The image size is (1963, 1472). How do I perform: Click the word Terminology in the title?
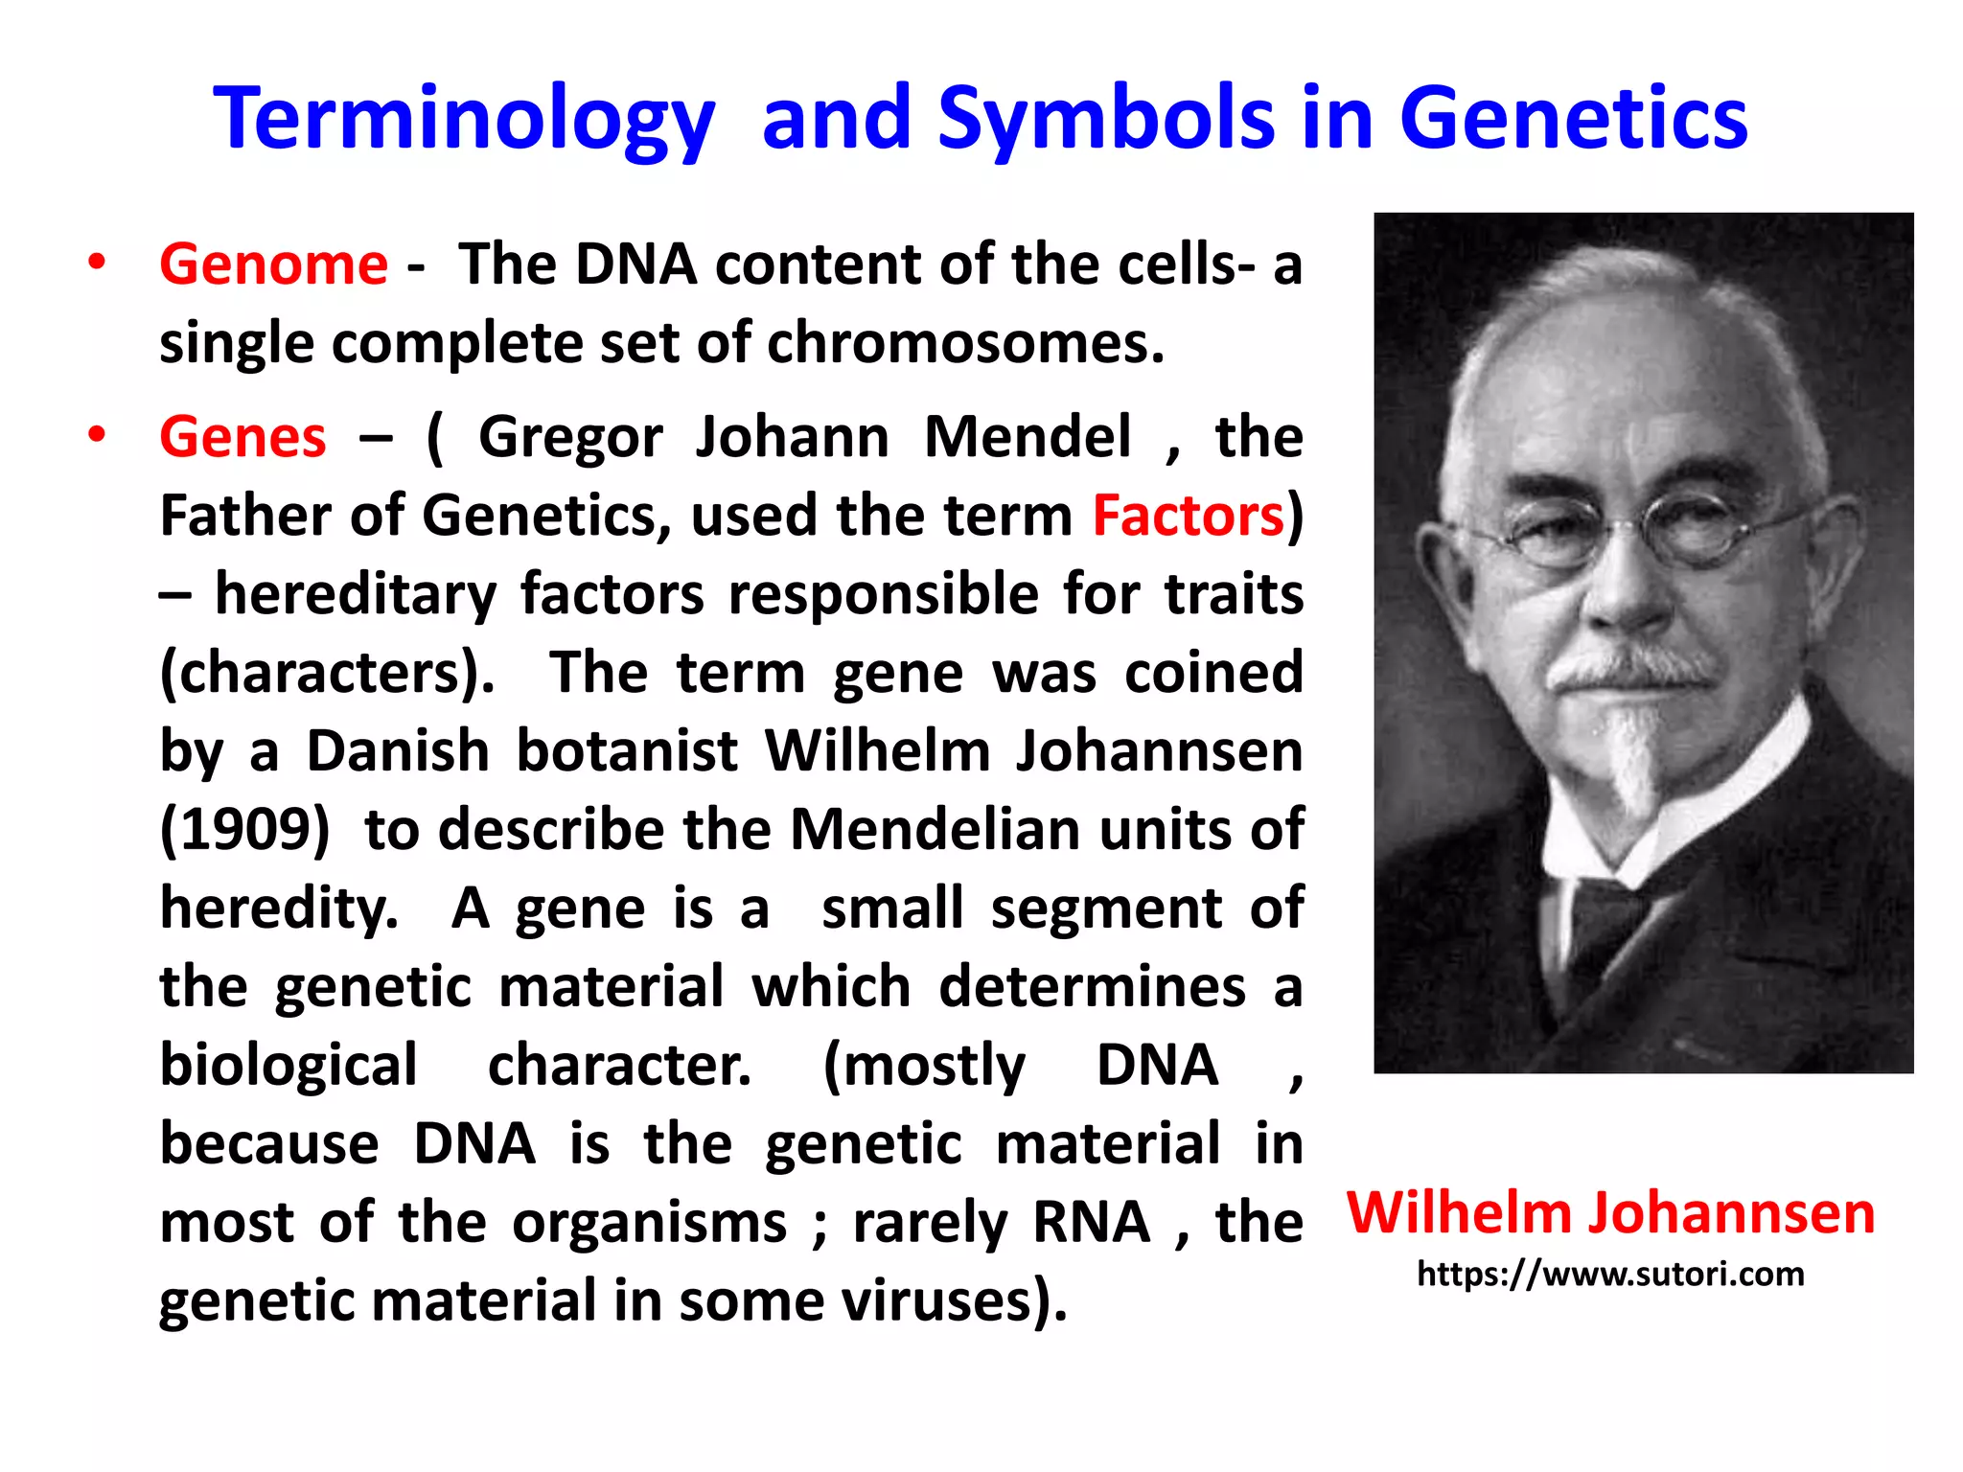[464, 120]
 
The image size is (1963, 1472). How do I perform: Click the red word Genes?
[242, 437]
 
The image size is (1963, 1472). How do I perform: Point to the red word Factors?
[1188, 516]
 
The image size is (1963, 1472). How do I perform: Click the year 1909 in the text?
[245, 829]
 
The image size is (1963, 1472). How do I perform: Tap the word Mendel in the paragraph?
[1028, 437]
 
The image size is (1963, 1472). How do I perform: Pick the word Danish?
[398, 750]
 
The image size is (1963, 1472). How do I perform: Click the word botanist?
[627, 750]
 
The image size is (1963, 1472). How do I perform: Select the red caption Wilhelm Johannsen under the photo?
[1610, 1212]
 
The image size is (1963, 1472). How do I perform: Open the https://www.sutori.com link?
[1610, 1275]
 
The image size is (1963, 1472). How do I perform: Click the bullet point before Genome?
[96, 262]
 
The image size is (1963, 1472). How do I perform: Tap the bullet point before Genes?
[96, 435]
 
